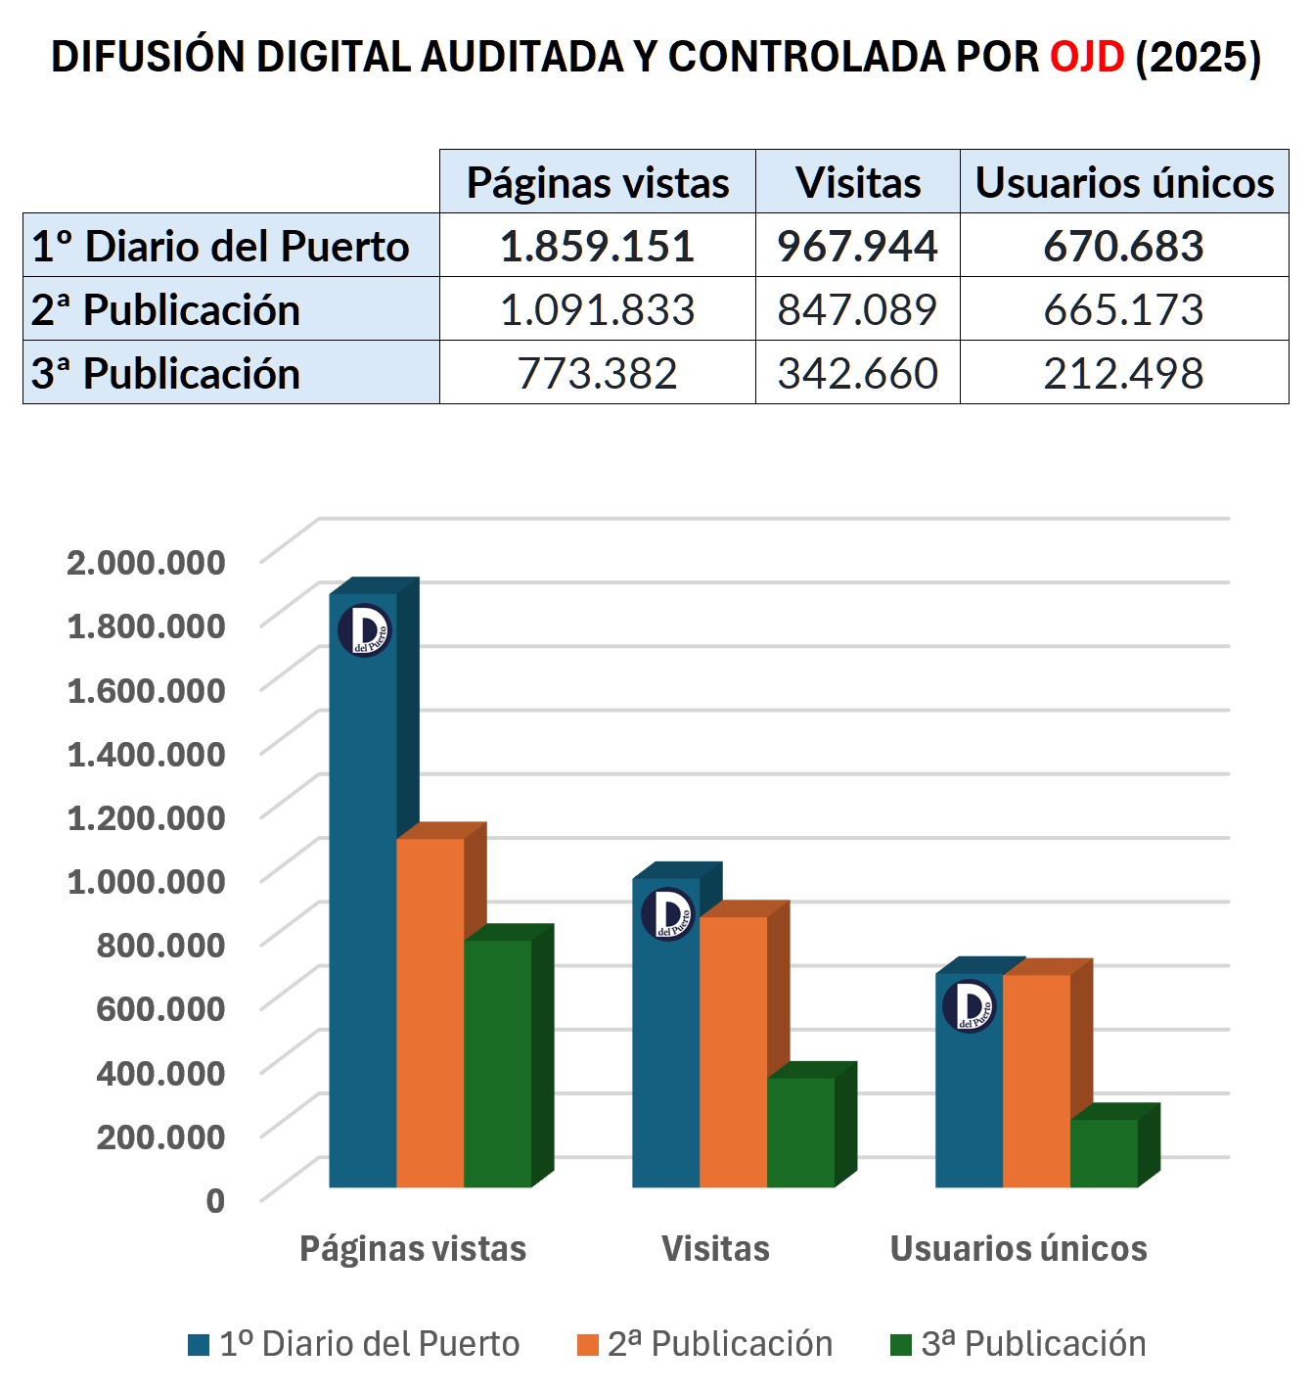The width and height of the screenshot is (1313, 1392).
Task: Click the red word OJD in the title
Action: coord(1087,57)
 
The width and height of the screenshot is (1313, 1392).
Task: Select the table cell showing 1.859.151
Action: coord(597,246)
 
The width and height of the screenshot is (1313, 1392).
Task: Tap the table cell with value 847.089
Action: coord(857,309)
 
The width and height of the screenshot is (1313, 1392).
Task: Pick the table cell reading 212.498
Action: coord(1123,373)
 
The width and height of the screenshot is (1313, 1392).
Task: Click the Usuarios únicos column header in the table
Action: coord(1124,182)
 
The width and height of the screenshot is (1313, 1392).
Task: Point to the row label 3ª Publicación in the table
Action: coord(166,373)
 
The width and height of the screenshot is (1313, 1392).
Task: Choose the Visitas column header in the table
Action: coord(858,182)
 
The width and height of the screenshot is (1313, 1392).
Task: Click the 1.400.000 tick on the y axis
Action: coord(146,754)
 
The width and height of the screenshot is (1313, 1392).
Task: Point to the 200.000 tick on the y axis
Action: coord(160,1136)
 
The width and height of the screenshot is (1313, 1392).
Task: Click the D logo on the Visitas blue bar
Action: coord(668,914)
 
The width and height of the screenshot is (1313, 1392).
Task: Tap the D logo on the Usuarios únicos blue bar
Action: coord(970,1006)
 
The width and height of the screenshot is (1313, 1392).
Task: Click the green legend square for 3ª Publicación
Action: coord(900,1345)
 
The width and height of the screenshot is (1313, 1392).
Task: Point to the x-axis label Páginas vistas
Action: coord(413,1249)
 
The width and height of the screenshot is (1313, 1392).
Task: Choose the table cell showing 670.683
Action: coord(1123,246)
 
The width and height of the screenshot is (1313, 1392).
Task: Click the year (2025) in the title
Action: coord(1199,57)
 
